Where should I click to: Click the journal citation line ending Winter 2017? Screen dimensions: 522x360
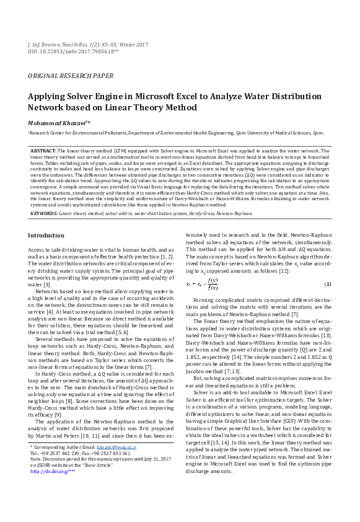click(x=88, y=45)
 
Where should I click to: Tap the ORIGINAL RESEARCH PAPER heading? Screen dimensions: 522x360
click(x=70, y=76)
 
